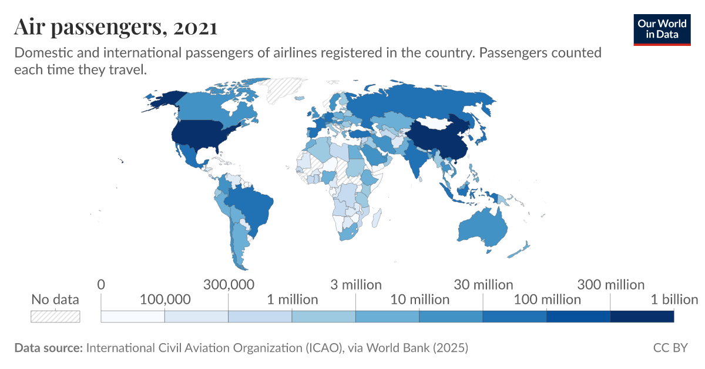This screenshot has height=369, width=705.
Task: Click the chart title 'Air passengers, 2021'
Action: [116, 27]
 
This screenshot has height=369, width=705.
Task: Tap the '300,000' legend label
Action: [229, 285]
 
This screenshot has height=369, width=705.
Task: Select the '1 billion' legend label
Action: [674, 300]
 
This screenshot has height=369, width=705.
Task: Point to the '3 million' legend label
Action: [355, 285]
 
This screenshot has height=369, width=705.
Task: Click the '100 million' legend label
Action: [547, 300]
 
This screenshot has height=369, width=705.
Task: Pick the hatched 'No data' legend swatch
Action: [55, 317]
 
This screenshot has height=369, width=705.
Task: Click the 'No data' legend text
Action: [55, 300]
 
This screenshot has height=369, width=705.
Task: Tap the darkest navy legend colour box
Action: [642, 317]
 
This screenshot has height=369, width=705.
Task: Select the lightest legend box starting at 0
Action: [133, 317]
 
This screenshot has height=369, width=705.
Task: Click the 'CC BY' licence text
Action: [670, 348]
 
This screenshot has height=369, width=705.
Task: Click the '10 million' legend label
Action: [419, 300]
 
